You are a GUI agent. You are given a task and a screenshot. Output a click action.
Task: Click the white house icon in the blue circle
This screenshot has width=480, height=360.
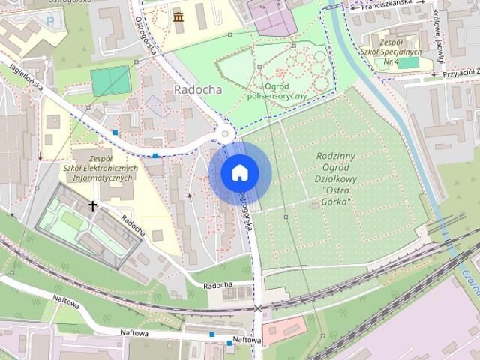(239, 172)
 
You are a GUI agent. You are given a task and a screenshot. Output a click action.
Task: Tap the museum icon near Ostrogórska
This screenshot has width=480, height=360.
(178, 16)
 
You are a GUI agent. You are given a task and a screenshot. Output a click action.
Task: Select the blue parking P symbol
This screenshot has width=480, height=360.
(50, 21)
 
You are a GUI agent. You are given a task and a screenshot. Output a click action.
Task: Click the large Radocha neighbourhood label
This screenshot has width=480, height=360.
(197, 88)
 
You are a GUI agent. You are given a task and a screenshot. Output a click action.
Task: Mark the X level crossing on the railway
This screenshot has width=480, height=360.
(258, 307)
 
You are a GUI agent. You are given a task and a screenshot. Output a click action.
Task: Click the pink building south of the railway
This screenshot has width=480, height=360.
(283, 328)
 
